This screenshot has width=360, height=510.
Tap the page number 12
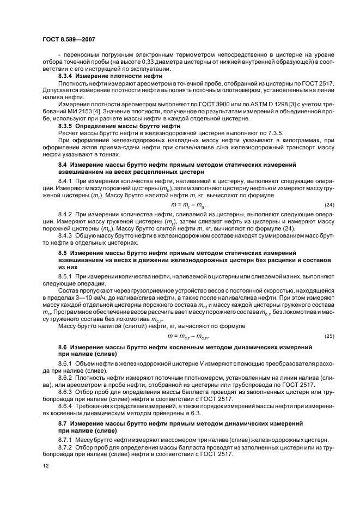(x=46, y=466)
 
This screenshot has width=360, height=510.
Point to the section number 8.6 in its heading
(x=63, y=347)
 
